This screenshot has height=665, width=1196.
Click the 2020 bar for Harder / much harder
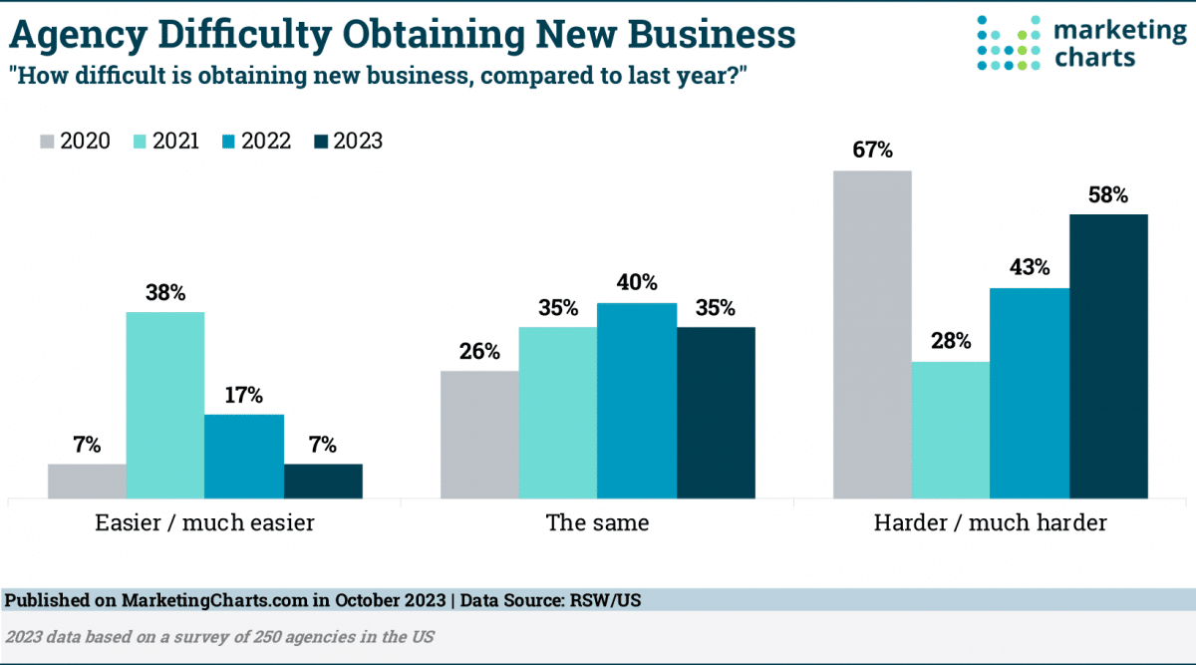(872, 334)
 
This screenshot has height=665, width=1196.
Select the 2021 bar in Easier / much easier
(165, 404)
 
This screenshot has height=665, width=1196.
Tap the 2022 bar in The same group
(637, 399)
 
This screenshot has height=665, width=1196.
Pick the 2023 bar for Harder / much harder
(1108, 355)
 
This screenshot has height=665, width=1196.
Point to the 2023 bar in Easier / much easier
(323, 480)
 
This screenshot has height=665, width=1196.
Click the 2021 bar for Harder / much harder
(951, 429)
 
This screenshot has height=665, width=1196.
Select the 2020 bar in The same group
(479, 434)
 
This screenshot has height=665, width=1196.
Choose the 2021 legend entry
(164, 142)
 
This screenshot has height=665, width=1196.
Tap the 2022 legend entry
(256, 142)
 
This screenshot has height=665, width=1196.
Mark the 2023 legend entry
(348, 142)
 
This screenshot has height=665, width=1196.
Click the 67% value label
(872, 152)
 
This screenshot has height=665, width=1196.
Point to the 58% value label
(1108, 195)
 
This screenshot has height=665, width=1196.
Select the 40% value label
(637, 283)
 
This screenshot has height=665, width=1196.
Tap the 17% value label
(244, 395)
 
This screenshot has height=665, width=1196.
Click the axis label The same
(597, 522)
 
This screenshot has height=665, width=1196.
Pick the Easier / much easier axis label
(204, 522)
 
